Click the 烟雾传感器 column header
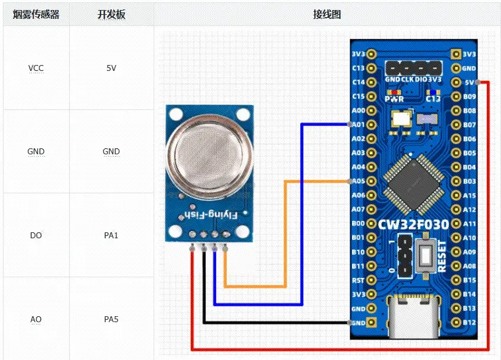[x=36, y=15]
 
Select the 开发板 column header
[x=111, y=15]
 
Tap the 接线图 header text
[x=327, y=15]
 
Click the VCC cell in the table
[x=36, y=68]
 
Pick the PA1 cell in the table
[x=111, y=235]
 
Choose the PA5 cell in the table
[x=111, y=319]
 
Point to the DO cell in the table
[x=36, y=235]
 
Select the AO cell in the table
[x=36, y=319]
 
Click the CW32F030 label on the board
[x=414, y=225]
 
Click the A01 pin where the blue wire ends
[x=371, y=125]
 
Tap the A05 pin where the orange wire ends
[x=371, y=181]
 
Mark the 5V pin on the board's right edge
[x=456, y=82]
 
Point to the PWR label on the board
[x=394, y=99]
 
